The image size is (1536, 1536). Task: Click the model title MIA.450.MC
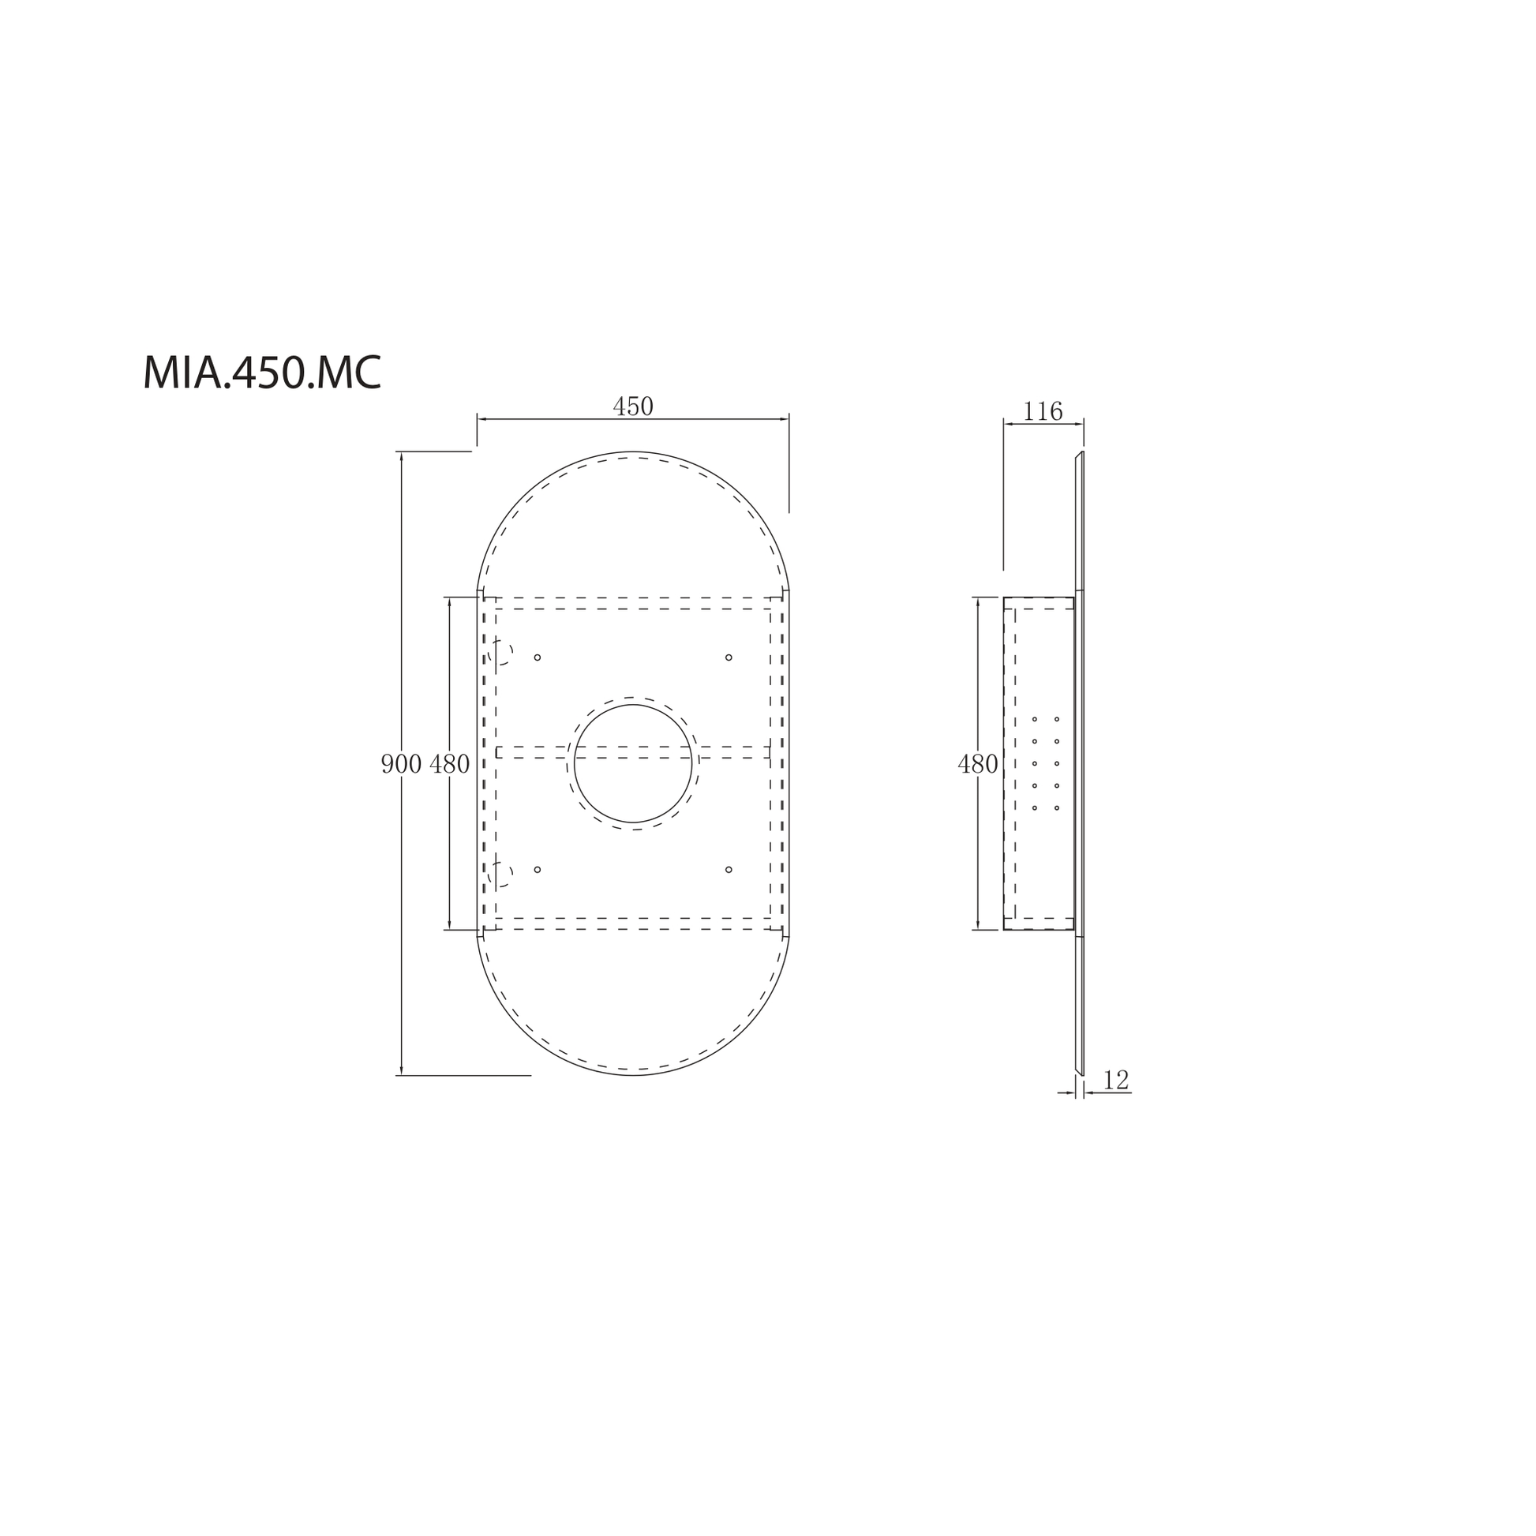coord(261,372)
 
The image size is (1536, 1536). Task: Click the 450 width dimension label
coord(633,406)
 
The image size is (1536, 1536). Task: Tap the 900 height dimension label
coord(401,764)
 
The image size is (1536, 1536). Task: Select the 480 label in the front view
coord(449,764)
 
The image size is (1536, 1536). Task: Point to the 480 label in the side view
coord(977,764)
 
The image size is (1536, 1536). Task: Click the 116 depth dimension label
coord(1042,411)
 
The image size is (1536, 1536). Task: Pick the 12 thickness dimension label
coord(1116,1080)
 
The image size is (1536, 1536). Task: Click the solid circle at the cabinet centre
coord(633,763)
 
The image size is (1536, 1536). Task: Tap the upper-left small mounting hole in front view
coord(538,657)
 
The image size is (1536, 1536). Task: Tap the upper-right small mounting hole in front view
coord(729,657)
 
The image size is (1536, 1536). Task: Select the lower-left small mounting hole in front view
coord(538,870)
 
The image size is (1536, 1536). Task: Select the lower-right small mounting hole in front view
coord(729,870)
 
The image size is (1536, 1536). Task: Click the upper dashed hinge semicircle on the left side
coord(504,653)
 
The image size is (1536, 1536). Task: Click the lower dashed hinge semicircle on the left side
coord(504,875)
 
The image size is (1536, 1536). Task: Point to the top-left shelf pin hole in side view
coord(1034,720)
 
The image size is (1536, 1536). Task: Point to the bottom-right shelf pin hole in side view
coord(1057,808)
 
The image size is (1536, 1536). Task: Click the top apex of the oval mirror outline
coord(633,451)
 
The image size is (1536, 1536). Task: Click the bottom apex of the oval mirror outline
coord(633,1075)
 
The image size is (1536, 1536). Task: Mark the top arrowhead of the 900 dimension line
coord(402,456)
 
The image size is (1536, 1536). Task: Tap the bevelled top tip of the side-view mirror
coord(1081,453)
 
